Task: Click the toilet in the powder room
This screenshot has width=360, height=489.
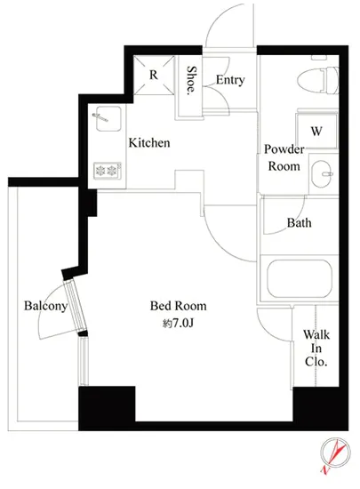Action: [x=317, y=80]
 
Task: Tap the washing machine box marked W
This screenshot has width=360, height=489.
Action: [x=316, y=132]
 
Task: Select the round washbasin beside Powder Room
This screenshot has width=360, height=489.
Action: [x=322, y=173]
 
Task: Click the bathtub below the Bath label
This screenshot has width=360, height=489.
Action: [x=300, y=278]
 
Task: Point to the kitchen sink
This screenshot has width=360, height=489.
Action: [x=108, y=119]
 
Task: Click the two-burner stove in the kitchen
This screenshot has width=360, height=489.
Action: [x=108, y=171]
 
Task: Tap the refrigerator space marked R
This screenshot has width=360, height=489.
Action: [x=154, y=76]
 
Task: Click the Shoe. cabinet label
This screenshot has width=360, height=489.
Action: [x=191, y=80]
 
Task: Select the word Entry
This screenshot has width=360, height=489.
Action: [x=230, y=80]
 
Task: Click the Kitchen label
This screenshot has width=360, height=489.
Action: [x=149, y=143]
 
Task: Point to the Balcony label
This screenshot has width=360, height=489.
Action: [x=45, y=306]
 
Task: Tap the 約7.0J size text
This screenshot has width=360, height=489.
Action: [x=178, y=324]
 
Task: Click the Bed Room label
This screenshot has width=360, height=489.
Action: [x=179, y=306]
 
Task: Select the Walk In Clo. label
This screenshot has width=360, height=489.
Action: [x=316, y=348]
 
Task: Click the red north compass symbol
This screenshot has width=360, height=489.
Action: [x=335, y=455]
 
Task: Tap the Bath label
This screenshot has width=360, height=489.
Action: [x=299, y=222]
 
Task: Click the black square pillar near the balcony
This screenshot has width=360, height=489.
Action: [x=107, y=407]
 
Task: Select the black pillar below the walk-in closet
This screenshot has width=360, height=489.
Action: [x=320, y=408]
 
